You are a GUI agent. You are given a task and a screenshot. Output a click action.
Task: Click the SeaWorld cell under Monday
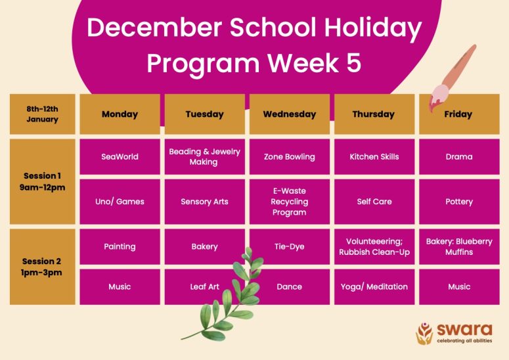click(x=120, y=157)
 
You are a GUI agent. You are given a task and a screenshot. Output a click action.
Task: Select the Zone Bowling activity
click(x=289, y=157)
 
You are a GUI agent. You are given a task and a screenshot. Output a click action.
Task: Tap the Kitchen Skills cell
click(x=374, y=157)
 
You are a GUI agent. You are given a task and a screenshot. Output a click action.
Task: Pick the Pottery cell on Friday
click(x=459, y=202)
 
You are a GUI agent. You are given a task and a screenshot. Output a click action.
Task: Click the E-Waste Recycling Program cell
click(x=289, y=202)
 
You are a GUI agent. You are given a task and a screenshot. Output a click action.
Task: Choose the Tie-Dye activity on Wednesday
click(x=289, y=247)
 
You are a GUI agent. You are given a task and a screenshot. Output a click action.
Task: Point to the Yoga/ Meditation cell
click(x=374, y=286)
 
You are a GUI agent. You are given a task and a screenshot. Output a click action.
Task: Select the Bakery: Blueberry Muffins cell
click(x=459, y=247)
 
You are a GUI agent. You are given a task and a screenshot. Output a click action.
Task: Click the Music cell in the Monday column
click(x=120, y=286)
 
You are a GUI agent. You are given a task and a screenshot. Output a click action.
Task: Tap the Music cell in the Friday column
click(x=459, y=286)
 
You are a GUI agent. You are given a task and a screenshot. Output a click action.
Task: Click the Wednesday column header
click(x=289, y=114)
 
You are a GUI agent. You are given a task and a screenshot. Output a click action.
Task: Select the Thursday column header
click(x=374, y=114)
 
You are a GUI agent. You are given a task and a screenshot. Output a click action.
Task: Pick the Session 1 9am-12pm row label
click(x=42, y=182)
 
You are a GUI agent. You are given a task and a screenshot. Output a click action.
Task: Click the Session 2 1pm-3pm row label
click(x=42, y=267)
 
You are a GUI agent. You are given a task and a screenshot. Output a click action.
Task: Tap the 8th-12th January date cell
click(x=42, y=114)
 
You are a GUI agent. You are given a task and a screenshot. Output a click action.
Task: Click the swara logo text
click(x=464, y=330)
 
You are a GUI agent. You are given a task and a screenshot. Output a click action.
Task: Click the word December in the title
click(x=154, y=28)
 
